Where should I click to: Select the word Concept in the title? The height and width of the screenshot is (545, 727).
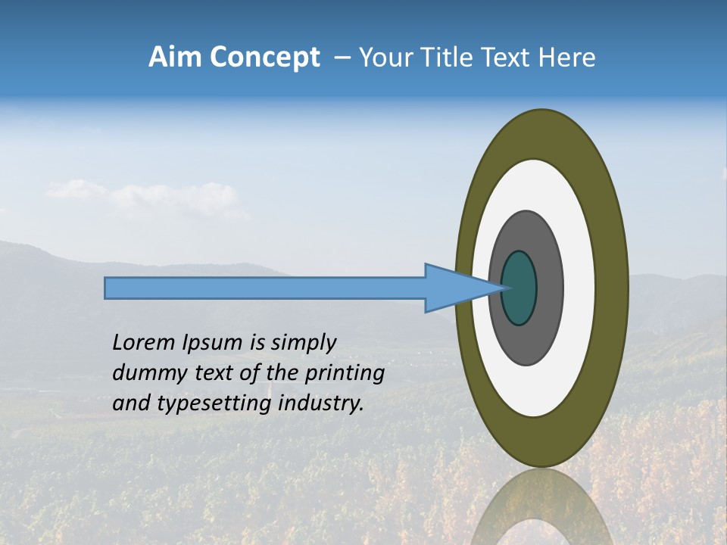point(264,58)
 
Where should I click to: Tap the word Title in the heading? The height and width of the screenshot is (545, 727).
point(448,58)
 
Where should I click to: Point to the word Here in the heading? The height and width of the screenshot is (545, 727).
point(567,58)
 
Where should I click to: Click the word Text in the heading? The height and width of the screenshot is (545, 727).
point(507,58)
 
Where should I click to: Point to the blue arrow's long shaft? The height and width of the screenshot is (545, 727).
point(265,288)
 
